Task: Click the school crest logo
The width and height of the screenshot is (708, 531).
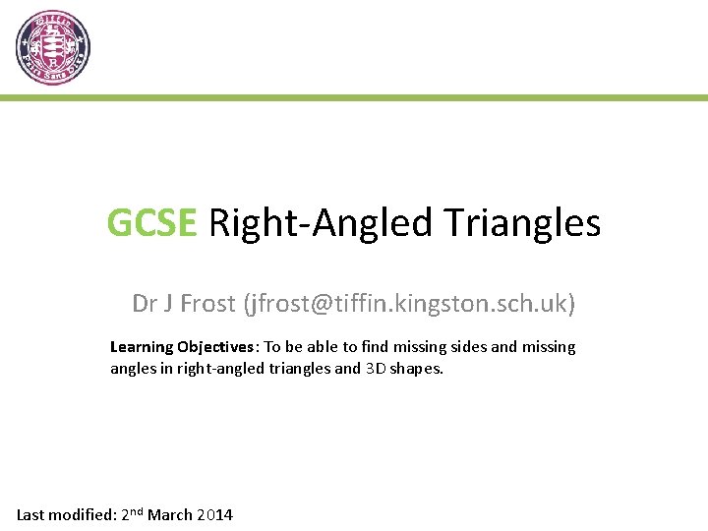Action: point(53,47)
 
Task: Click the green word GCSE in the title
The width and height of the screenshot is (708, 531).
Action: point(152,223)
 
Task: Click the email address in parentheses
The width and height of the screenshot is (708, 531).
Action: point(409,304)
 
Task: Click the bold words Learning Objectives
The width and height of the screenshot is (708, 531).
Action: point(182,347)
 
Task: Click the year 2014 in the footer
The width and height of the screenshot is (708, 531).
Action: point(214,514)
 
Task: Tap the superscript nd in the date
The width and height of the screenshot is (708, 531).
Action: point(137,509)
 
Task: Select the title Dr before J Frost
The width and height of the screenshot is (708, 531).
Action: point(145,304)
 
